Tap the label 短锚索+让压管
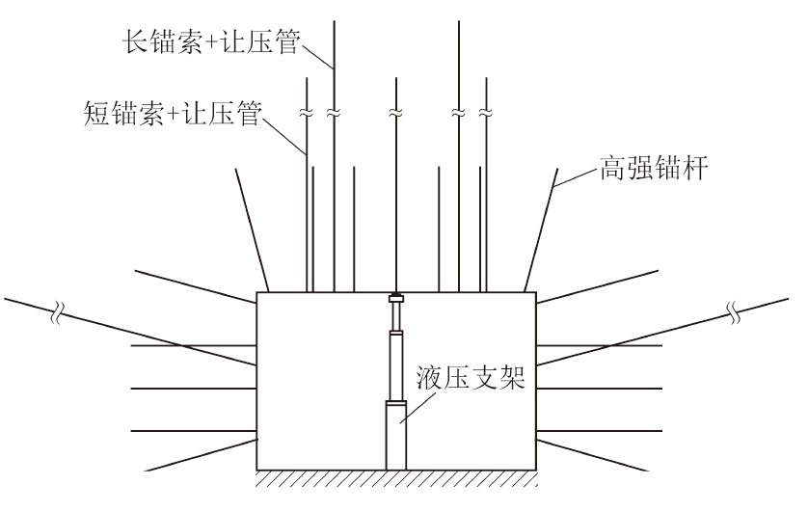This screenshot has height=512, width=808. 173,119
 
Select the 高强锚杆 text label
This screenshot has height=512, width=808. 664,172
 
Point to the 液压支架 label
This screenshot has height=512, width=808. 471,374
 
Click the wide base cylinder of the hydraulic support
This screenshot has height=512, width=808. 395,435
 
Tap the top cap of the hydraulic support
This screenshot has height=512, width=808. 395,299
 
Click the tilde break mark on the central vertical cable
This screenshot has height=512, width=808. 394,114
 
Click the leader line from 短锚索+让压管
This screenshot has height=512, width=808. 284,135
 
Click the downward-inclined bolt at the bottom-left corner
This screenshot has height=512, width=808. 202,454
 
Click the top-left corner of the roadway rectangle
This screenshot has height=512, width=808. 256,291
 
